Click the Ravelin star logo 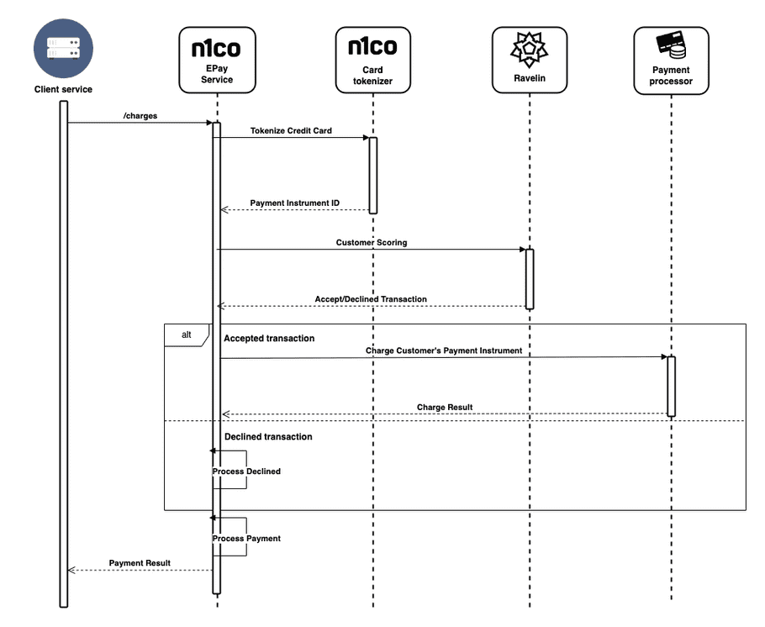click(x=529, y=49)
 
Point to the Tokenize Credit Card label click(x=291, y=131)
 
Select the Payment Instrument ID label click(x=294, y=203)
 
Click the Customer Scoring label click(x=372, y=242)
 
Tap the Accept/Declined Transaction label click(x=371, y=299)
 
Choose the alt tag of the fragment click(x=186, y=335)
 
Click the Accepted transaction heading click(x=269, y=339)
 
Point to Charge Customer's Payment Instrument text click(x=443, y=350)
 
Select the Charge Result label click(x=445, y=408)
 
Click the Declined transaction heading click(x=268, y=437)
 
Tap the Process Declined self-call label click(x=246, y=472)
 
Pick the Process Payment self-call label click(x=246, y=539)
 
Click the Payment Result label click(x=140, y=563)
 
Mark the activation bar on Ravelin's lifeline click(x=530, y=278)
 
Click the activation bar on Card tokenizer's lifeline click(x=372, y=175)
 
